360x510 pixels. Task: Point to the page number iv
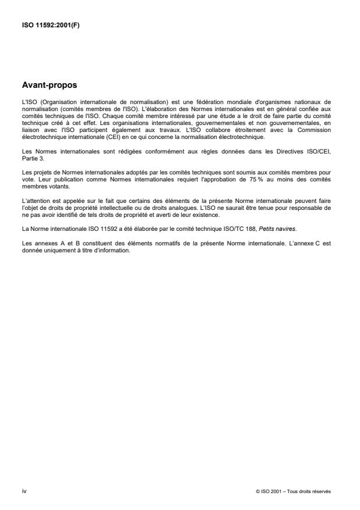click(24, 491)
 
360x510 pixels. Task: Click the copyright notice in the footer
click(293, 491)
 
